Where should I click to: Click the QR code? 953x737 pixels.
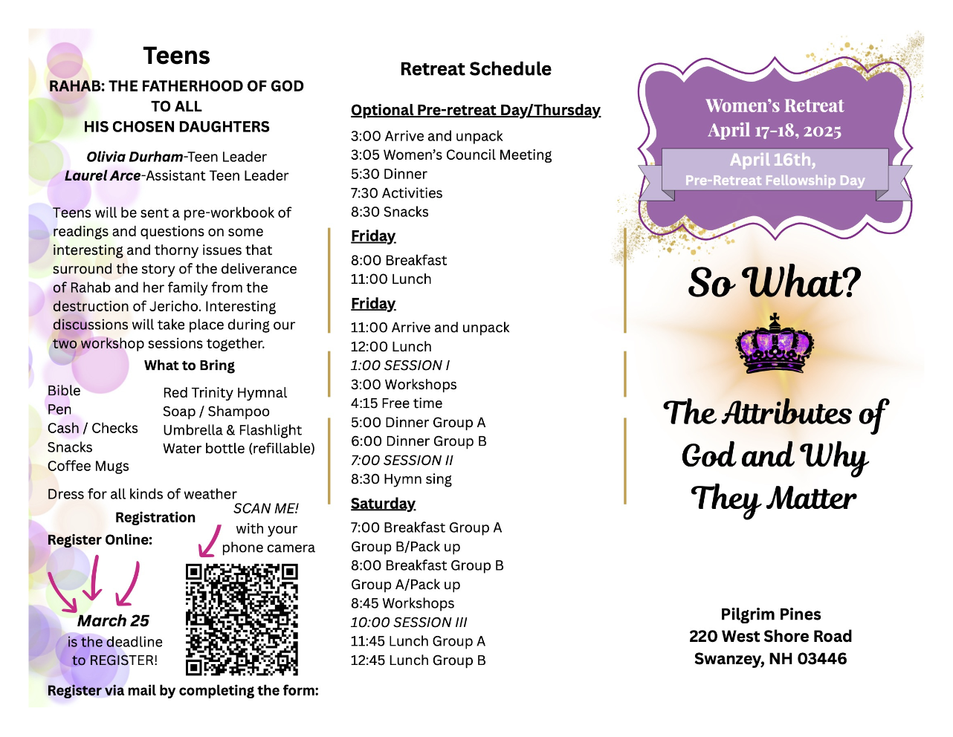click(x=242, y=619)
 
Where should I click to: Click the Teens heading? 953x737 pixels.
click(x=176, y=56)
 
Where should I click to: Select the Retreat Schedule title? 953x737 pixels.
click(x=476, y=69)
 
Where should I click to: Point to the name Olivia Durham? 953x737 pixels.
click(x=135, y=157)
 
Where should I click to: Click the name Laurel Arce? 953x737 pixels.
click(x=103, y=176)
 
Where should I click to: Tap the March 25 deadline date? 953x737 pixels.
click(x=113, y=620)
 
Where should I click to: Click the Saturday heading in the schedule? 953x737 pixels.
click(x=383, y=504)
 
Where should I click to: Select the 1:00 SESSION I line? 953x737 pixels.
click(x=400, y=366)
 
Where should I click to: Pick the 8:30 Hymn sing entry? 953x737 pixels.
click(x=401, y=479)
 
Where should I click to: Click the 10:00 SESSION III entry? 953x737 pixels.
click(x=409, y=623)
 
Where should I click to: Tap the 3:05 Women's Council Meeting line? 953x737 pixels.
click(x=451, y=155)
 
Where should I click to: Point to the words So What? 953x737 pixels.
click(x=774, y=283)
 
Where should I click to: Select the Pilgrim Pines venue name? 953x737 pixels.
click(x=771, y=614)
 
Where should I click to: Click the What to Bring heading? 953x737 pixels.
click(x=190, y=366)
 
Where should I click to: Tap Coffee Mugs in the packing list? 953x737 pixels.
click(x=88, y=466)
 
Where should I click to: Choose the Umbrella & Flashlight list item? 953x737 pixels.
click(x=232, y=430)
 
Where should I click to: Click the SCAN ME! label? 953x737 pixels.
click(x=266, y=509)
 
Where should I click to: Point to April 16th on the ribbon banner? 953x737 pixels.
click(x=773, y=160)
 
